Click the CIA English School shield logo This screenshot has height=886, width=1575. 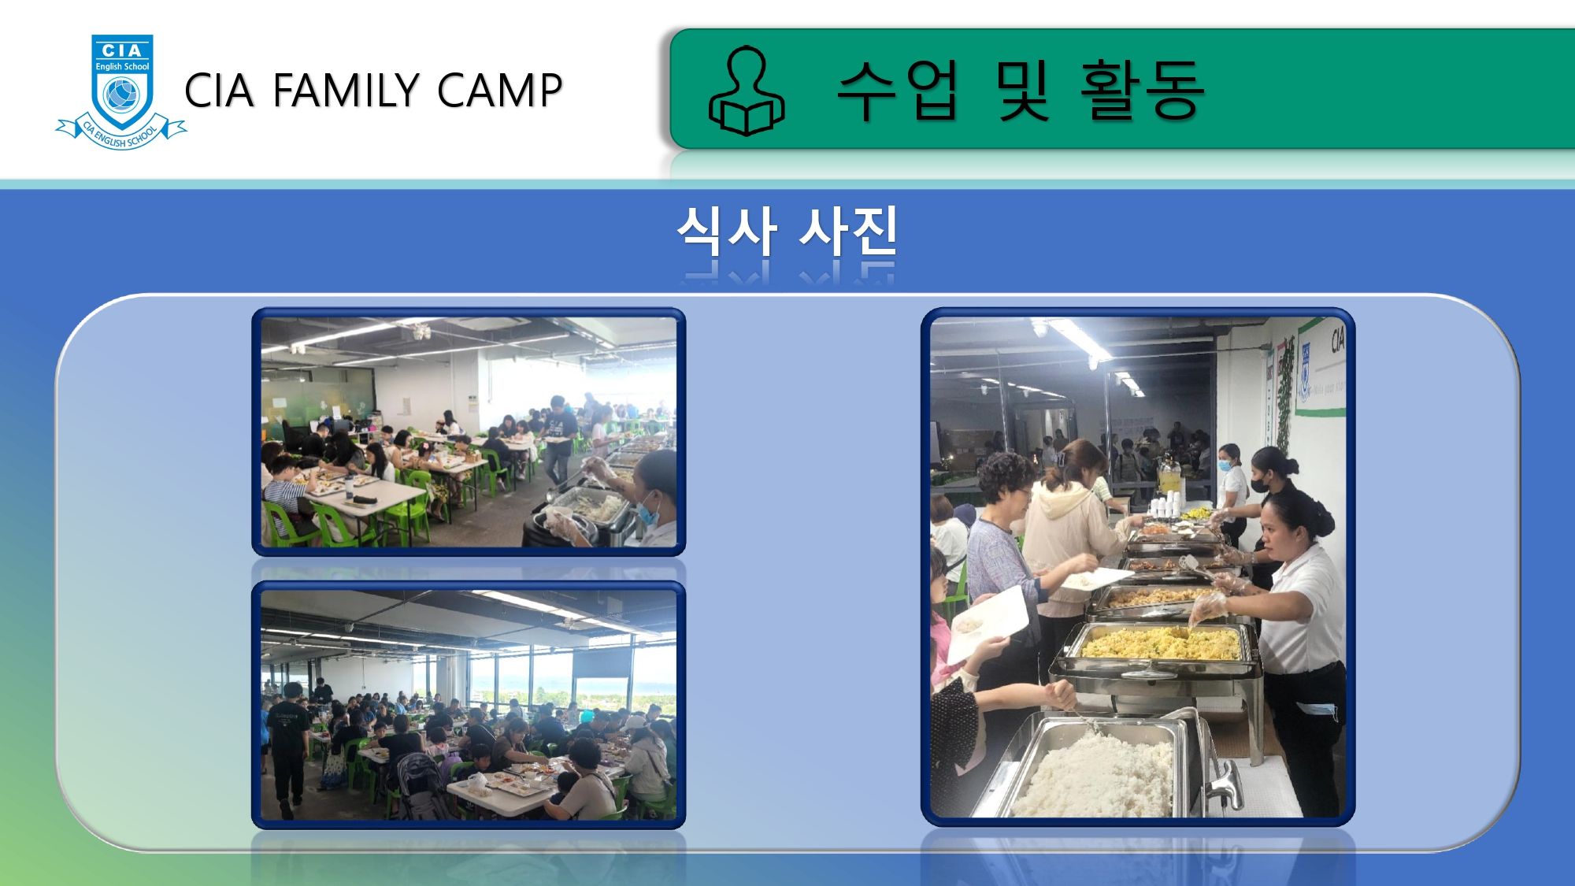point(121,91)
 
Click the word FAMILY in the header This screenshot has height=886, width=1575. point(346,90)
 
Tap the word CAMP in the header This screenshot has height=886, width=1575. point(499,90)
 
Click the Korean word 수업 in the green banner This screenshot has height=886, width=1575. point(897,90)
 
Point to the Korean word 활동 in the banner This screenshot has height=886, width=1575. point(1142,90)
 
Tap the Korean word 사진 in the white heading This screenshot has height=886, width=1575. point(848,231)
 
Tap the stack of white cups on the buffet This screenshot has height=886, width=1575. point(1165,505)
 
